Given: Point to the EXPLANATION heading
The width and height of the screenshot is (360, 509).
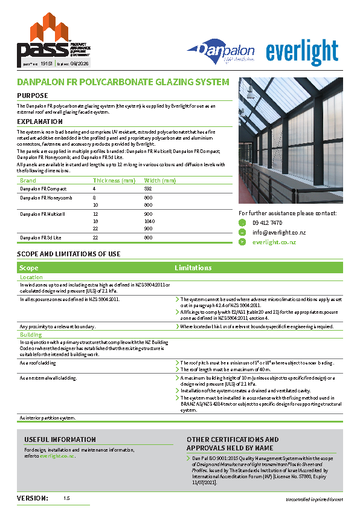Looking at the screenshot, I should pyautogui.click(x=40, y=122).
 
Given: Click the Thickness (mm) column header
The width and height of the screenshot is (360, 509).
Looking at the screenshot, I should pyautogui.click(x=114, y=180).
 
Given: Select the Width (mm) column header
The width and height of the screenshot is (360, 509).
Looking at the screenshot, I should pyautogui.click(x=159, y=180).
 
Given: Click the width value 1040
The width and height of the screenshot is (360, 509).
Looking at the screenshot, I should pyautogui.click(x=150, y=222).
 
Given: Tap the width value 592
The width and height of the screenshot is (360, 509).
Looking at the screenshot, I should pyautogui.click(x=148, y=189).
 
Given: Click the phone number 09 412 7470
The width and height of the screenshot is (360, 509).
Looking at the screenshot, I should pyautogui.click(x=267, y=222).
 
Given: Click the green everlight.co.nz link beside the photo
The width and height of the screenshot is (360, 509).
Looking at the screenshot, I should pyautogui.click(x=274, y=242).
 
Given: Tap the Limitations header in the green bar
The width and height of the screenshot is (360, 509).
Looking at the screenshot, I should pyautogui.click(x=193, y=267).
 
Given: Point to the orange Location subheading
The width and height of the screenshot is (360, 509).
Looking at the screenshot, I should pyautogui.click(x=31, y=277).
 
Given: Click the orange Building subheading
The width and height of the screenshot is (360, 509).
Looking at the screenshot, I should pyautogui.click(x=31, y=334).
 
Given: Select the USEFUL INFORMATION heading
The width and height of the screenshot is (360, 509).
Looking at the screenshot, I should pyautogui.click(x=60, y=439).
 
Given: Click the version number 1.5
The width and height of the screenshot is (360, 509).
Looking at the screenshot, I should pyautogui.click(x=66, y=498).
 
